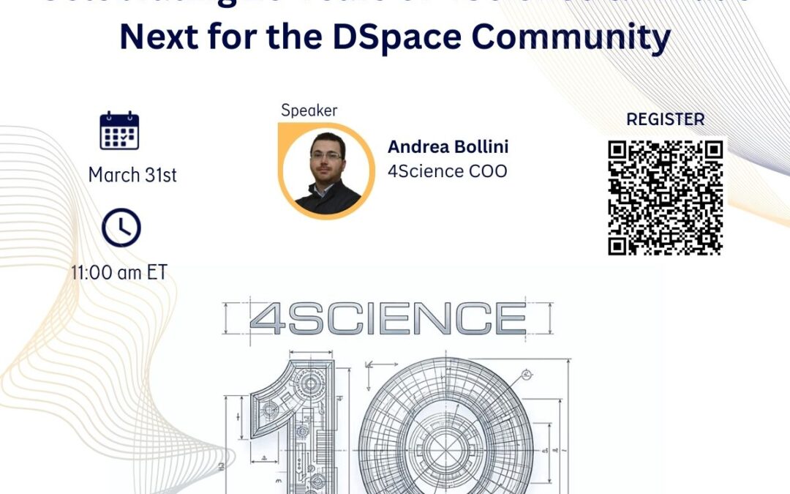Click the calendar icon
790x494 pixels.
tap(119, 131)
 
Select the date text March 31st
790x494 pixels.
tap(132, 176)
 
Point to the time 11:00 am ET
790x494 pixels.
tap(118, 273)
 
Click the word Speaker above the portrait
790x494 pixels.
tap(309, 111)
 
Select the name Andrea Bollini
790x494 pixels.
tap(448, 147)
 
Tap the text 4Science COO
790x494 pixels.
tap(447, 172)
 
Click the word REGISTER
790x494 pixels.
tap(665, 119)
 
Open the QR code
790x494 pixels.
tap(665, 197)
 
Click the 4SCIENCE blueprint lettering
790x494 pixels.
tap(388, 319)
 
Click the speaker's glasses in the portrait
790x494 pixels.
tap(326, 156)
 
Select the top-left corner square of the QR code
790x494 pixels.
tap(619, 151)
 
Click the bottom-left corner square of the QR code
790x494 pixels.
tap(619, 244)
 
